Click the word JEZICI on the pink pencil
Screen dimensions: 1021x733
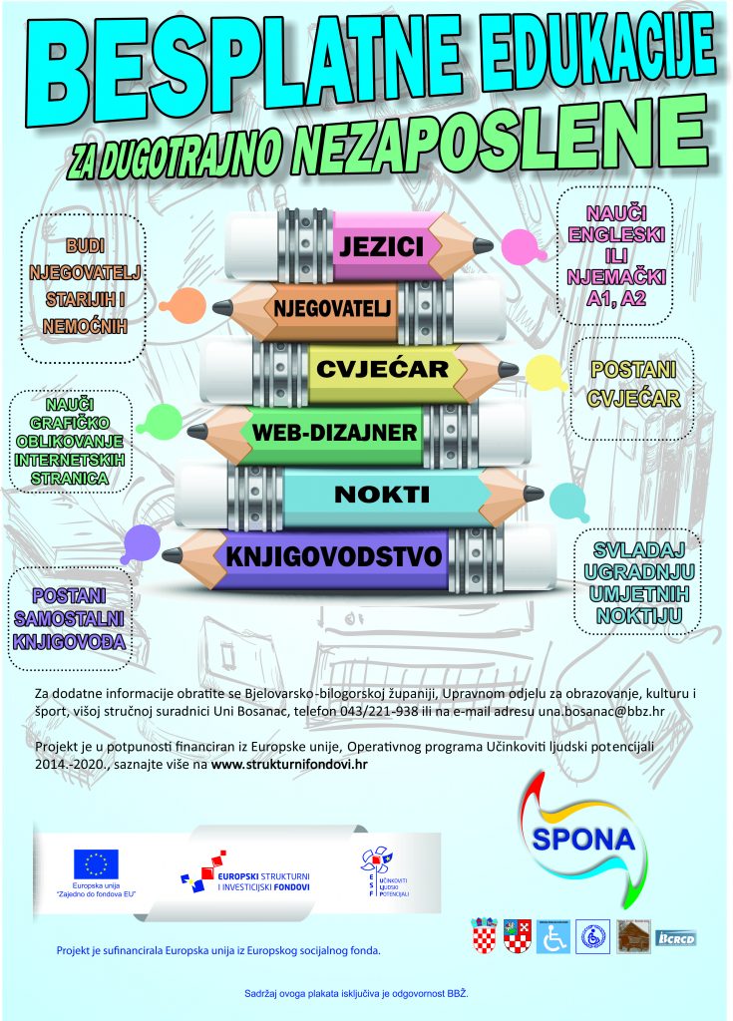click(382, 246)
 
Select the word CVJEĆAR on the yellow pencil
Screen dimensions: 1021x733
click(383, 369)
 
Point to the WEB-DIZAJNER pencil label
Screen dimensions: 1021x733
click(334, 433)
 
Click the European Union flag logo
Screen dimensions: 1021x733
click(96, 863)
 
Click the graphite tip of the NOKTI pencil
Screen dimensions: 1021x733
click(534, 494)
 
